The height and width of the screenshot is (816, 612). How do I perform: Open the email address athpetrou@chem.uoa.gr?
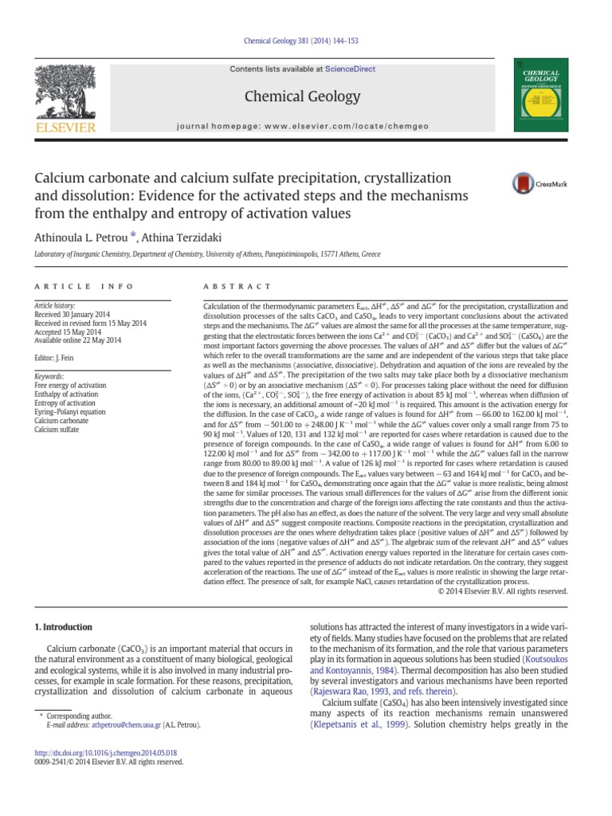tap(116, 725)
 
